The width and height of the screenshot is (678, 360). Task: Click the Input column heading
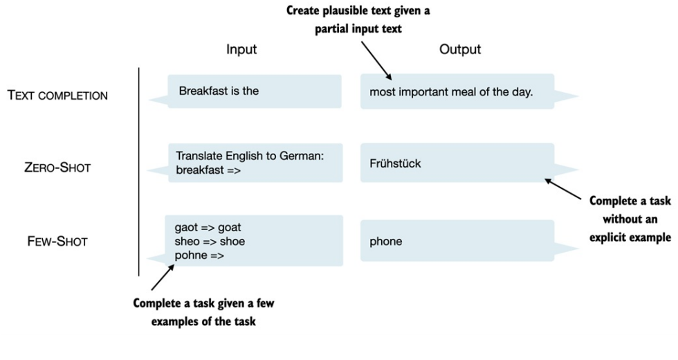(x=241, y=49)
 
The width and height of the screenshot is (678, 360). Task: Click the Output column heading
(x=460, y=49)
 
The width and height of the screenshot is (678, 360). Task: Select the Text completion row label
(x=57, y=96)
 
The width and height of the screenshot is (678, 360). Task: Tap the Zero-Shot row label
(x=57, y=168)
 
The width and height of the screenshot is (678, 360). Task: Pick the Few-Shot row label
(x=57, y=241)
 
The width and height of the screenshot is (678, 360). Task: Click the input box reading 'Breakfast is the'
(x=255, y=91)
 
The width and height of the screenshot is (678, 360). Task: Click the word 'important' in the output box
(x=423, y=92)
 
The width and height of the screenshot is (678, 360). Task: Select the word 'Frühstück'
(x=395, y=163)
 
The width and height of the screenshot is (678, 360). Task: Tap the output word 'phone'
(x=386, y=242)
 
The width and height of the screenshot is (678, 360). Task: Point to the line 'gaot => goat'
(x=208, y=227)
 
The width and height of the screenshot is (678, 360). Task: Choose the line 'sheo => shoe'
(x=210, y=242)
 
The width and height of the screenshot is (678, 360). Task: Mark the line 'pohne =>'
(x=199, y=255)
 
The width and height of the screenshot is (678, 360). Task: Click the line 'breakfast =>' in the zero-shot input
(x=208, y=170)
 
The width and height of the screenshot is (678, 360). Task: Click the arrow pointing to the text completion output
(x=376, y=61)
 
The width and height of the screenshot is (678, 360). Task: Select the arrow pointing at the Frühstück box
(x=563, y=189)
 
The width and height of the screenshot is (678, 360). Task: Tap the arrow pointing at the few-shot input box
(x=163, y=277)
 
